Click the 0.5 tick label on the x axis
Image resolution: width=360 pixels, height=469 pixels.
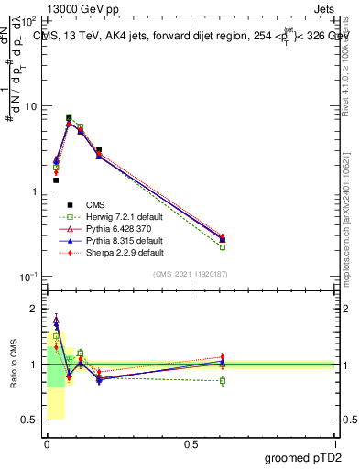[191, 442]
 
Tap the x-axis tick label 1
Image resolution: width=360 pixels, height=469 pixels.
[334, 442]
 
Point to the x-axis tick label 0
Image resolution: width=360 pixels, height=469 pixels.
[47, 442]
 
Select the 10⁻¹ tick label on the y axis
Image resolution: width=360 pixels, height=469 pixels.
[27, 276]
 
